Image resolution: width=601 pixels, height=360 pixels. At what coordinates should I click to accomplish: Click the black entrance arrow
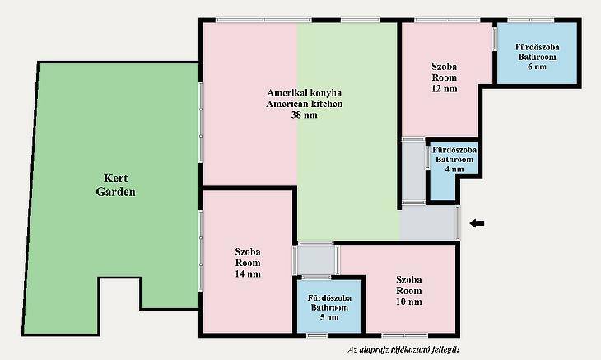478,223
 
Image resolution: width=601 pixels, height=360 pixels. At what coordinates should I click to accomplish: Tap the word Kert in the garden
116,178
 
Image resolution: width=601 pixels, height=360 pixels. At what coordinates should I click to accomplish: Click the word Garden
116,192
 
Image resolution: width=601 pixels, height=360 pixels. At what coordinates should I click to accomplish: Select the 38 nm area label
304,115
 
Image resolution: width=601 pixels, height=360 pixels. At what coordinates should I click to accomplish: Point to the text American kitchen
304,104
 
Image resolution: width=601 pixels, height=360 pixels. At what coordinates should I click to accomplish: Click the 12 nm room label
445,89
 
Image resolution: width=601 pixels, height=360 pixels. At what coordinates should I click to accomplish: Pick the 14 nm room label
248,274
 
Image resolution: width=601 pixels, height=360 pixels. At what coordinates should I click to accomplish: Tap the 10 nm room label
409,302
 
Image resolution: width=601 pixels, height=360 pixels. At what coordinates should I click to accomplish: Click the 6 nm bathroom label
537,67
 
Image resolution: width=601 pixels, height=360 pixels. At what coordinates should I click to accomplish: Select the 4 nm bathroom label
454,169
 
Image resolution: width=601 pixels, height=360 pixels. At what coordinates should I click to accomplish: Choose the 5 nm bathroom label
329,317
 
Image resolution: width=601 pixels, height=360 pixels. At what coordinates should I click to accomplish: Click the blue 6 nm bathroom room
537,53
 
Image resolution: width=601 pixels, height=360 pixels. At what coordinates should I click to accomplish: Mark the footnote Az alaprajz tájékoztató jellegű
403,349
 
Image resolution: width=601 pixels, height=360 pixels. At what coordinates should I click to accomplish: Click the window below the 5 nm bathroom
317,336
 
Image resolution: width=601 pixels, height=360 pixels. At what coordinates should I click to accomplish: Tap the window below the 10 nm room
405,336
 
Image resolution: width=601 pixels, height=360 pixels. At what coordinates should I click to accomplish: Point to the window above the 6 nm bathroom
531,20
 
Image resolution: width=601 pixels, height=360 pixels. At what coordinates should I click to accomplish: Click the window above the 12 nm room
447,20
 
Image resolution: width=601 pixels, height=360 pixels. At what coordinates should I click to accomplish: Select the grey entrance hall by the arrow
428,224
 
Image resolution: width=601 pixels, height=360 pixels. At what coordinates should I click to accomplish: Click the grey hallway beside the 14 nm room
316,260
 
